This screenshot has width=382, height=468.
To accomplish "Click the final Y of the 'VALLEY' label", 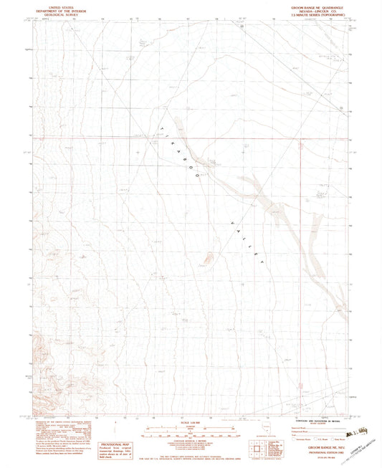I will [264, 264].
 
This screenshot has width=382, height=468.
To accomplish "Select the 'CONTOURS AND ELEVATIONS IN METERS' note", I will [315, 421].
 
